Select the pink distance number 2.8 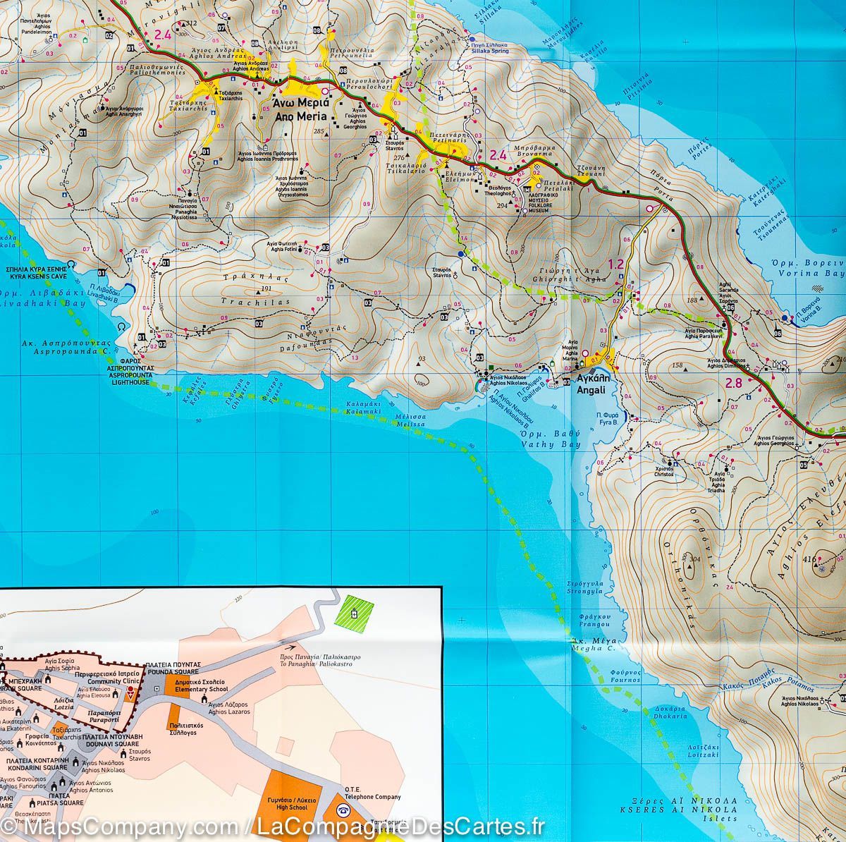click(x=733, y=384)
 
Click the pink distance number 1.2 click(x=615, y=264)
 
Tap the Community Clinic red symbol click(x=129, y=692)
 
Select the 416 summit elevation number click(x=809, y=560)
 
